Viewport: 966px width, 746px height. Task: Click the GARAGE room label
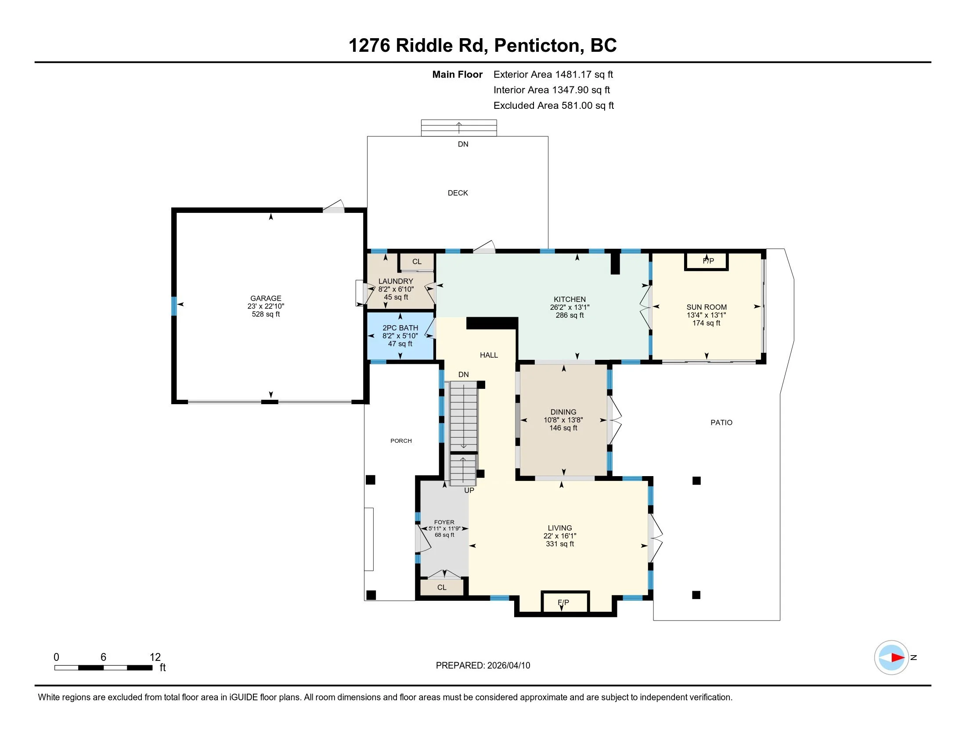(266, 298)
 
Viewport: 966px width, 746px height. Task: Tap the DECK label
(458, 193)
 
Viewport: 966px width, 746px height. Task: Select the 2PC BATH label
(400, 328)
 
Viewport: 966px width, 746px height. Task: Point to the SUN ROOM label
(706, 307)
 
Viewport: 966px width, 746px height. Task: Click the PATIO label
(721, 423)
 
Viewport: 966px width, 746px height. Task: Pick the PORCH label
(401, 441)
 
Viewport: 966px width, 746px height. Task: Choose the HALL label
(489, 355)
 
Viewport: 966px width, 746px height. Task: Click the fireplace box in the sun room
(706, 261)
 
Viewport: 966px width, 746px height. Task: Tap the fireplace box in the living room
(566, 602)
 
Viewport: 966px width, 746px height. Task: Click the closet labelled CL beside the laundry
(417, 262)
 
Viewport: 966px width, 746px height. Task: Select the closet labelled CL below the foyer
(442, 587)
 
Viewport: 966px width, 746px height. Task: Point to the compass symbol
(891, 658)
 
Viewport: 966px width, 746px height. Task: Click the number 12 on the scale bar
(155, 657)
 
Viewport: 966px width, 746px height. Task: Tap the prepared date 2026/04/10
(508, 666)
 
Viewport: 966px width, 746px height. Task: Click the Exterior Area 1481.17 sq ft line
(553, 75)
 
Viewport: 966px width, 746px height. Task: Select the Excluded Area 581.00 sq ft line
(554, 106)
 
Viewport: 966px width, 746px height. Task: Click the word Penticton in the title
(536, 46)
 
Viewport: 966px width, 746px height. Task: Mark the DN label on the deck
(463, 144)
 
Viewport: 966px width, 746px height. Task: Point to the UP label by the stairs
(469, 491)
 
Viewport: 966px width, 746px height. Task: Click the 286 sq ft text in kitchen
(570, 315)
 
